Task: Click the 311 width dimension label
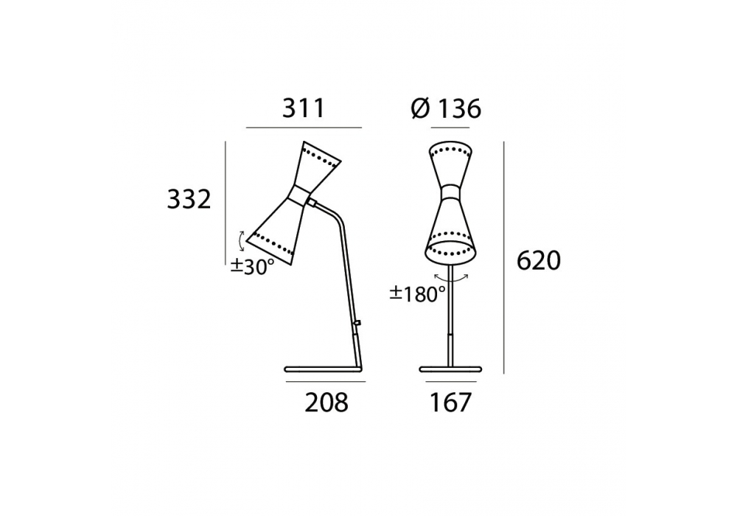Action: point(303,108)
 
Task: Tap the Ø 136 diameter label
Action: point(446,109)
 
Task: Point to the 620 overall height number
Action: point(539,260)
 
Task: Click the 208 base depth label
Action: point(326,402)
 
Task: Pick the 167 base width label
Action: point(450,402)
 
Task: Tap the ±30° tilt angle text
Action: point(252,266)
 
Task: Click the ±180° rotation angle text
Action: point(417,294)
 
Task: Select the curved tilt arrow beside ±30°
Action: point(241,242)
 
